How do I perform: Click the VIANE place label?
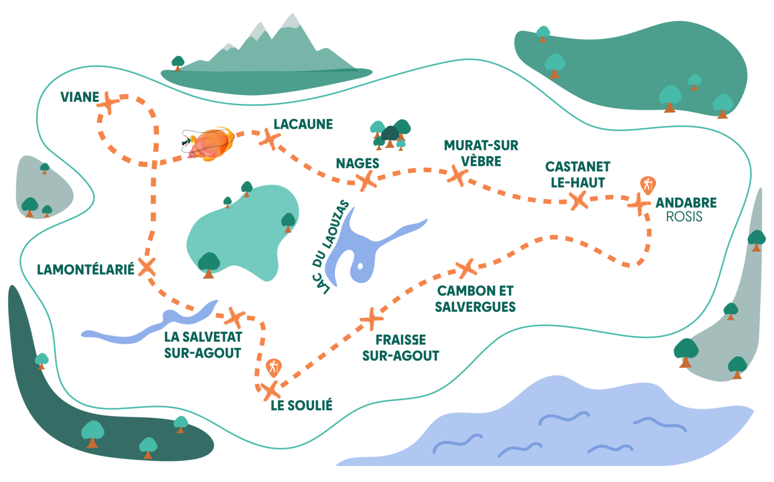pyautogui.click(x=79, y=97)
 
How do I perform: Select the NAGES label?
pyautogui.click(x=357, y=163)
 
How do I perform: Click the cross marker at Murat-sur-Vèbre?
pyautogui.click(x=458, y=176)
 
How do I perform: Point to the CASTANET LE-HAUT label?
pyautogui.click(x=577, y=174)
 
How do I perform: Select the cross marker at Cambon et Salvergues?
pyautogui.click(x=466, y=268)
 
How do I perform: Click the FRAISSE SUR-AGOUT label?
pyautogui.click(x=401, y=348)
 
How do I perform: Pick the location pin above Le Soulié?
pyautogui.click(x=273, y=368)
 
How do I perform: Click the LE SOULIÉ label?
pyautogui.click(x=301, y=405)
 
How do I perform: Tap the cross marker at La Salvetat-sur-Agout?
pyautogui.click(x=235, y=317)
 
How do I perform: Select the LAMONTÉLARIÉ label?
pyautogui.click(x=86, y=269)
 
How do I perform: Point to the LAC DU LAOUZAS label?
pyautogui.click(x=330, y=247)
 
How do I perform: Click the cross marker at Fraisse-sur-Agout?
pyautogui.click(x=371, y=319)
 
